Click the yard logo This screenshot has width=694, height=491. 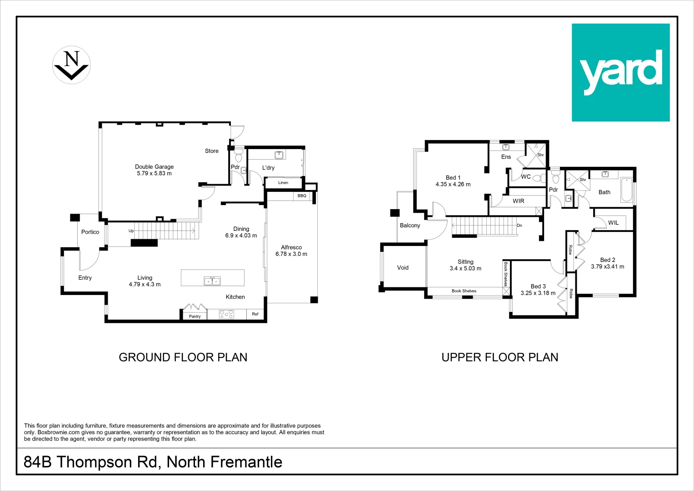620,73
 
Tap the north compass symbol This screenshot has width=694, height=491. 71,65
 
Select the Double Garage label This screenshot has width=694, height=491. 154,167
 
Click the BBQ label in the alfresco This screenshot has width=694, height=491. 302,196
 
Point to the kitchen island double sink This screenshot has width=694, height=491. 212,281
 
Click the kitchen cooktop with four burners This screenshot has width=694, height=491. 226,314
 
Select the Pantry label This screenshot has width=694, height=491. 195,316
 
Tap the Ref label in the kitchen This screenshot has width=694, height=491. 255,314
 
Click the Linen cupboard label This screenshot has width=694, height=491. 283,183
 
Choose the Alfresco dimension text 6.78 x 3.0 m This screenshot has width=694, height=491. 291,254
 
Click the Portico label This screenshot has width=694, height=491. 90,232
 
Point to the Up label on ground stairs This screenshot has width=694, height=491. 131,231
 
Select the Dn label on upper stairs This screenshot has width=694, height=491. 519,225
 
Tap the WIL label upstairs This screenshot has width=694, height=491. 613,223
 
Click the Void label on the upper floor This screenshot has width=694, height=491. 403,268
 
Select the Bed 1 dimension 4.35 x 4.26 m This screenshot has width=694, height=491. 453,185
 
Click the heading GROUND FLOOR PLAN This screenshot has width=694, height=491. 183,357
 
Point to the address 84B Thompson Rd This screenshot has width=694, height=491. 91,462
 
